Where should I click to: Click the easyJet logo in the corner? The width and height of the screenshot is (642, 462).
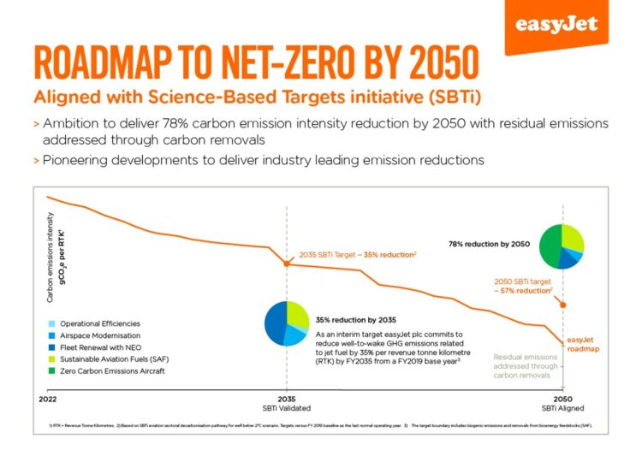556,23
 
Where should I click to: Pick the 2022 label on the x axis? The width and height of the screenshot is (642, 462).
49,399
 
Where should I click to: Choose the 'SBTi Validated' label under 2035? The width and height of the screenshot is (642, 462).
287,409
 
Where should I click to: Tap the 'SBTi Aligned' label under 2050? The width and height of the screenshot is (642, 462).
562,409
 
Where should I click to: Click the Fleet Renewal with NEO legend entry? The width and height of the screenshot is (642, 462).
95,348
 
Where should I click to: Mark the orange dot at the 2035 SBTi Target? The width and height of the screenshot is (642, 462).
287,264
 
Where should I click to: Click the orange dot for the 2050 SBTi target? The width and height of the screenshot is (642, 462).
562,304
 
